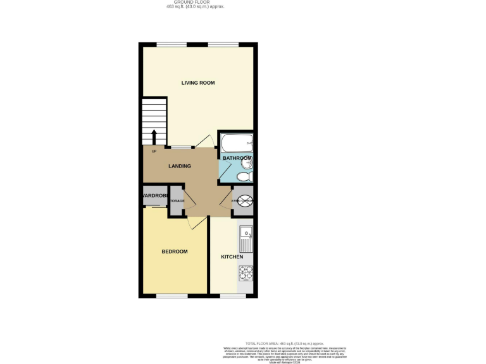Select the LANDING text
tap(180, 166)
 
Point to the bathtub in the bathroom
tap(236, 142)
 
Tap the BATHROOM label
tap(237, 157)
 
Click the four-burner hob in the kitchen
tap(246, 274)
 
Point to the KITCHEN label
tap(232, 257)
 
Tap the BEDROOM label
tap(175, 252)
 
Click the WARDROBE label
tap(154, 196)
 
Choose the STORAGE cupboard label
tap(177, 201)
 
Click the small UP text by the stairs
tap(154, 151)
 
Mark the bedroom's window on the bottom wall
tap(171, 296)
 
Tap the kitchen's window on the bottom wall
tap(232, 296)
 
